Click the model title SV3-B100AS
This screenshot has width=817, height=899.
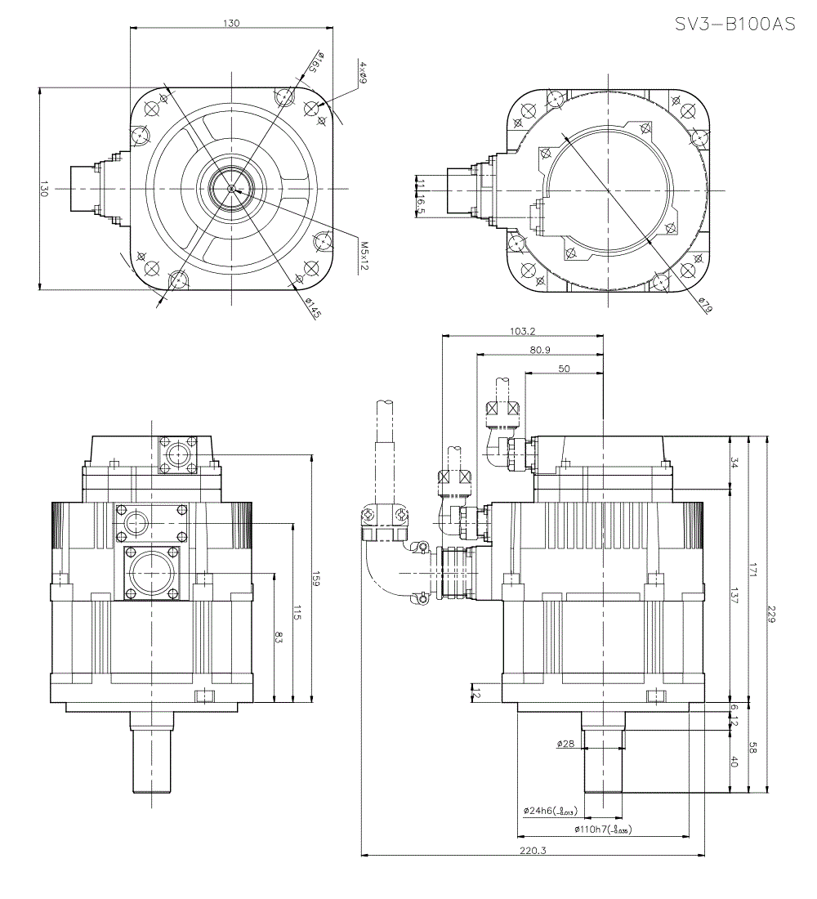click(x=734, y=25)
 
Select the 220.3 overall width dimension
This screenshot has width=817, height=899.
click(x=532, y=851)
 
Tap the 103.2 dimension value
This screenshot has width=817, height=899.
click(x=522, y=331)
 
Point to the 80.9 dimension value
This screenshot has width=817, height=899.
click(x=539, y=350)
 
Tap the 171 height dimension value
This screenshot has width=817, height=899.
click(x=752, y=572)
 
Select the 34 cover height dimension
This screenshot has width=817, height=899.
click(x=734, y=463)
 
